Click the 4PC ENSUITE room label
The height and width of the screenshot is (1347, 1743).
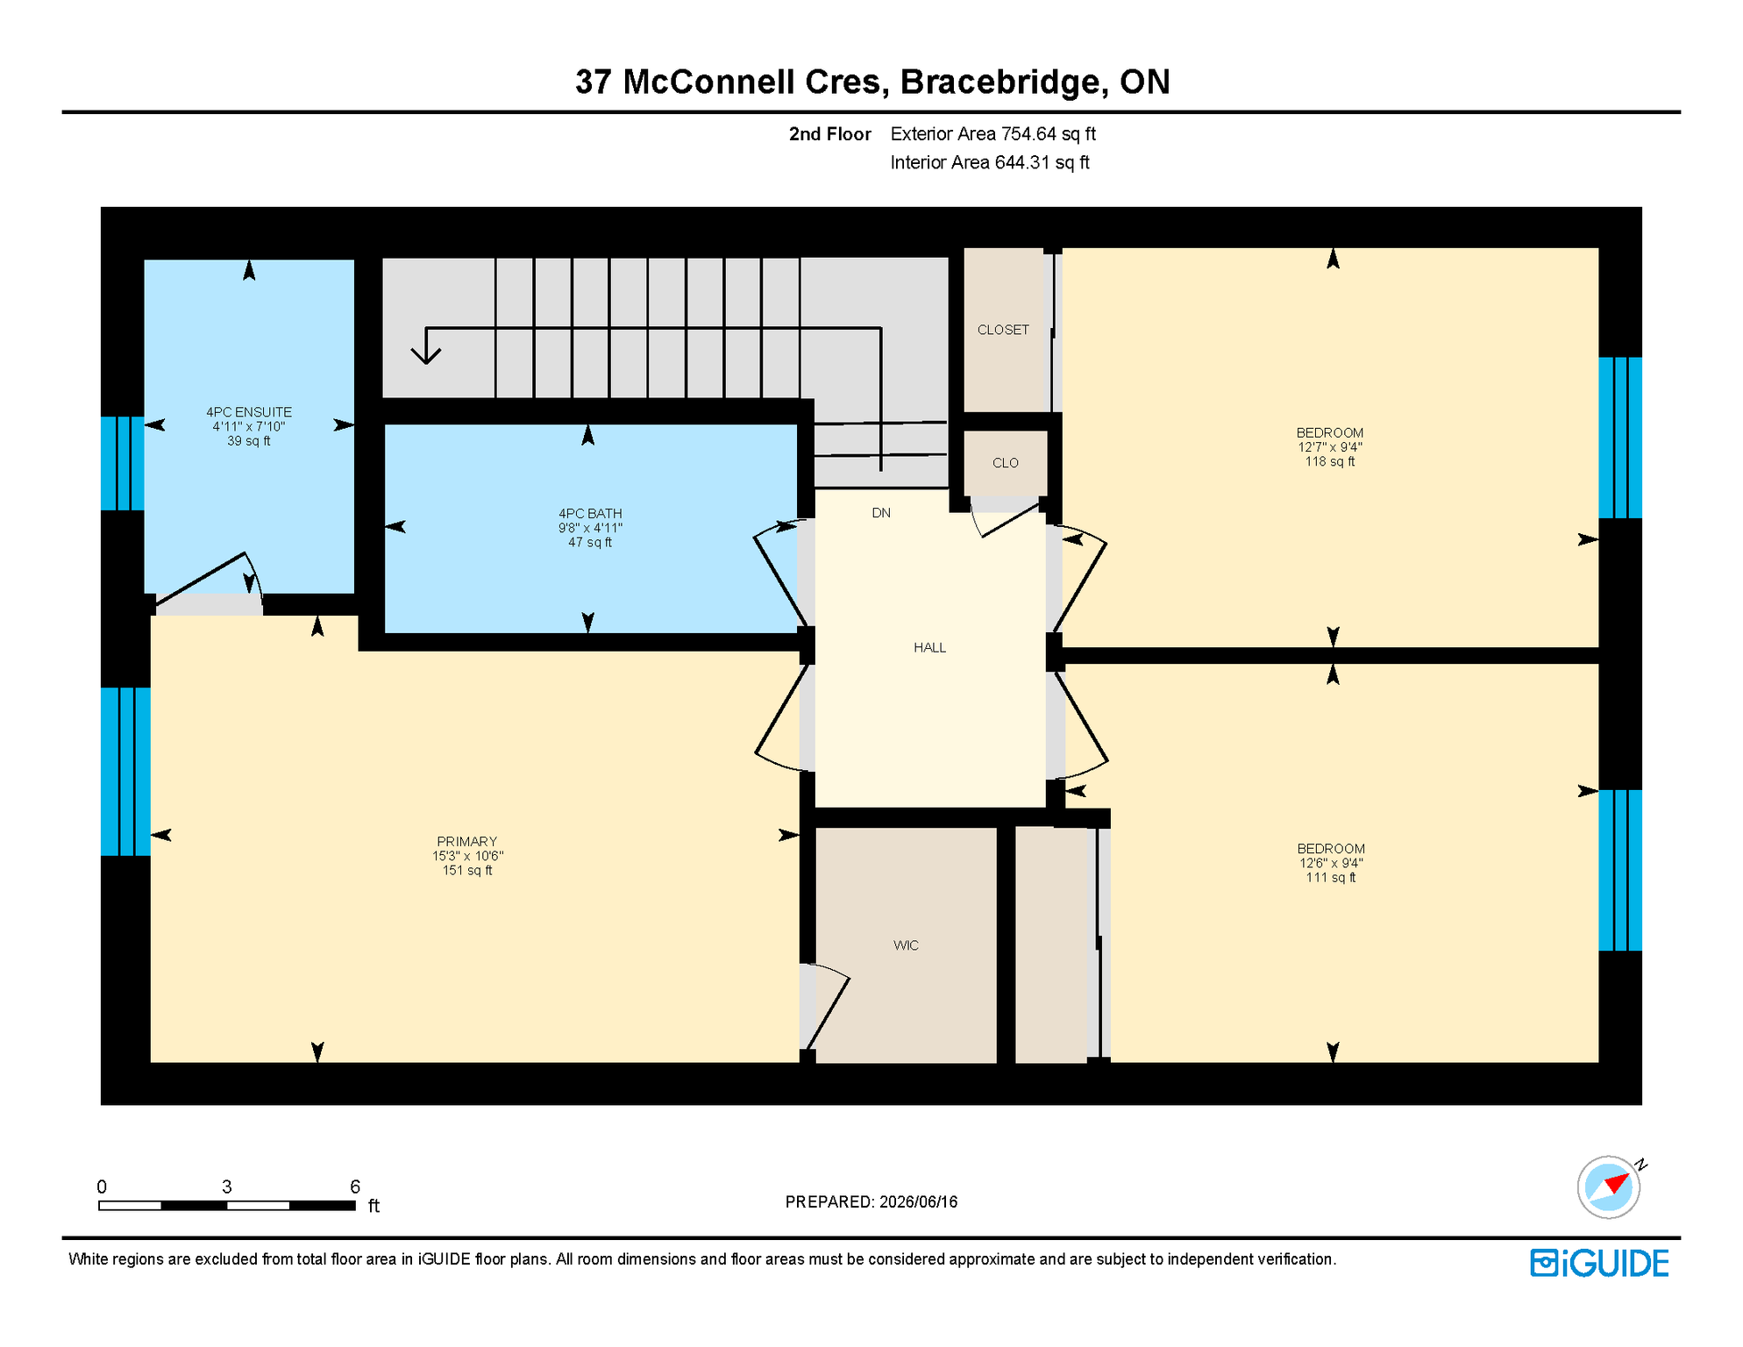(x=249, y=412)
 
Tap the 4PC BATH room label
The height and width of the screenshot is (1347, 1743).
(x=590, y=514)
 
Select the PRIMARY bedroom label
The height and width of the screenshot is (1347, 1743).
(x=467, y=842)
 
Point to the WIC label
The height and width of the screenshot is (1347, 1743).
(x=906, y=945)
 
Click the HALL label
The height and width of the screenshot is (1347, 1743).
(x=929, y=648)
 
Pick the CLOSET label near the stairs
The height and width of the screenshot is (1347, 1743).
(x=1003, y=330)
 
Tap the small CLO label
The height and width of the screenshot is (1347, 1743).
(x=1006, y=463)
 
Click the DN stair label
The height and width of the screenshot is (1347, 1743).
(x=881, y=513)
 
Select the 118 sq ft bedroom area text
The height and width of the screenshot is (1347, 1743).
(x=1330, y=462)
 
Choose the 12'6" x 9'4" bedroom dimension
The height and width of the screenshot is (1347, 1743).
(x=1331, y=863)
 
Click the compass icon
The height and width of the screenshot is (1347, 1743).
(x=1610, y=1187)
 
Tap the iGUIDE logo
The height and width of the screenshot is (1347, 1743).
(x=1600, y=1264)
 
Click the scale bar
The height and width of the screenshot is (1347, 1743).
(x=227, y=1206)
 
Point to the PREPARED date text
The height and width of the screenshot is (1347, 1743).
(x=871, y=1202)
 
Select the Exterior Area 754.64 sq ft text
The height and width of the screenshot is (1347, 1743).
(x=993, y=134)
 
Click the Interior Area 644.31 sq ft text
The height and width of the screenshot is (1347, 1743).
(x=990, y=163)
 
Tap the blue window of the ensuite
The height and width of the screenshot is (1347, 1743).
(x=123, y=463)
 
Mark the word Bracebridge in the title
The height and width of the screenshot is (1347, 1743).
(x=1000, y=82)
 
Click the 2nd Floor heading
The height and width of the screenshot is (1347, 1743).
(x=830, y=134)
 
